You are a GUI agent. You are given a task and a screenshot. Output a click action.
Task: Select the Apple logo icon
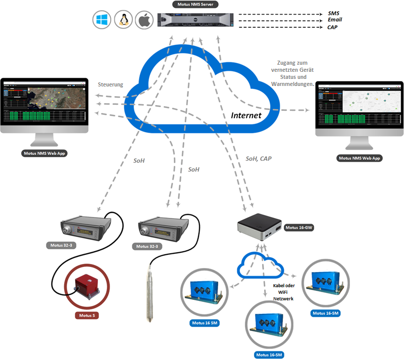(x=144, y=20)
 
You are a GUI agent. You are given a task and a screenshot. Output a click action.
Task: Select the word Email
(x=335, y=20)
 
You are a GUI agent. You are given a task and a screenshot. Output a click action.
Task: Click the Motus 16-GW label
(x=299, y=228)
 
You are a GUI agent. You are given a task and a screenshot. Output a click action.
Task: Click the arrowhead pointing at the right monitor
(x=308, y=110)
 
